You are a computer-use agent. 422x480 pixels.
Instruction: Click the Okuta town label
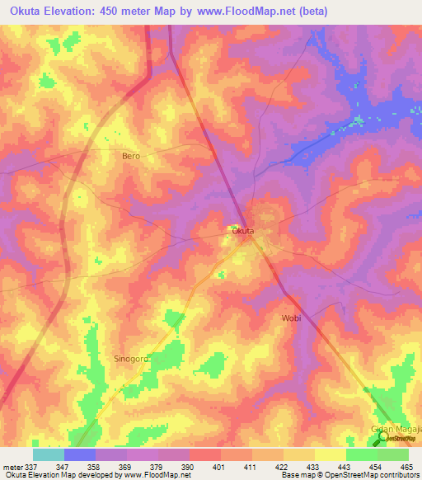click(x=242, y=232)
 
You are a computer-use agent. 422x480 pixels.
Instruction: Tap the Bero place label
click(x=130, y=156)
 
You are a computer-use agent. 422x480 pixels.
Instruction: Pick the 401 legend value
click(x=219, y=467)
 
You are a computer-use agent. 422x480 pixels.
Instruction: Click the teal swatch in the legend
click(x=48, y=454)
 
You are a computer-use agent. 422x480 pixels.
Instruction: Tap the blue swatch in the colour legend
click(x=79, y=454)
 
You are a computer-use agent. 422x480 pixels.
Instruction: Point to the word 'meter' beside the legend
click(x=10, y=467)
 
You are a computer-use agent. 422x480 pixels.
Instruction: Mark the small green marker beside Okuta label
click(x=234, y=228)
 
